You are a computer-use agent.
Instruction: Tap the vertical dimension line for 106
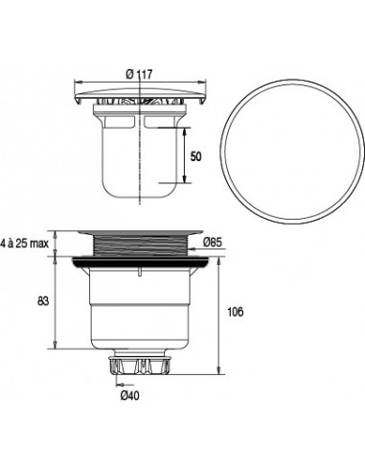[222, 313]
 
